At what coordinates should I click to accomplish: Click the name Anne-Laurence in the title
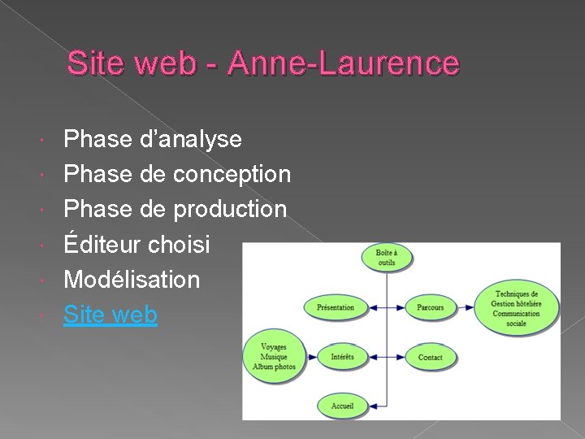click(x=344, y=63)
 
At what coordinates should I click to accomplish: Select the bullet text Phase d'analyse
click(x=153, y=139)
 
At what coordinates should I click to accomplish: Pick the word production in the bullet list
click(x=230, y=209)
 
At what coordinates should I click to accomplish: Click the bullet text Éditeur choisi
click(x=136, y=244)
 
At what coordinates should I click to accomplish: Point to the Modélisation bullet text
click(x=132, y=279)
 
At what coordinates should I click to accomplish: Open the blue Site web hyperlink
click(x=110, y=314)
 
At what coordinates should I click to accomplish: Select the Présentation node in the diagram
click(x=336, y=307)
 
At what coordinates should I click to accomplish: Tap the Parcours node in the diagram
click(x=431, y=307)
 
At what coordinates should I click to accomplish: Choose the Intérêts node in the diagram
click(x=342, y=357)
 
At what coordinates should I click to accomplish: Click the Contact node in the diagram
click(x=431, y=357)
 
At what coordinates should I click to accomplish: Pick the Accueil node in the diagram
click(x=342, y=405)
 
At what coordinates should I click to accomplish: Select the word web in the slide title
click(x=170, y=63)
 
